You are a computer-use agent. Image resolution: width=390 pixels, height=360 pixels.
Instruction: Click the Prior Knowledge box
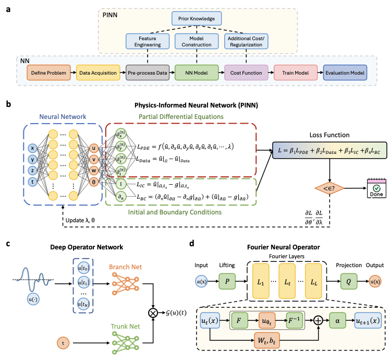[197, 19]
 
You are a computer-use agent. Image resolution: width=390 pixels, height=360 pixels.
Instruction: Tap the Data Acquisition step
[99, 73]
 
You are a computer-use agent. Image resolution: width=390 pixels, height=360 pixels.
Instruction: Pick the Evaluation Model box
[345, 73]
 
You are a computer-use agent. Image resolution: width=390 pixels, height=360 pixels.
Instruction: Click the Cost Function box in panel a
[246, 73]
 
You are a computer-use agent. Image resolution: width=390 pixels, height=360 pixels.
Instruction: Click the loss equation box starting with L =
[328, 150]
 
